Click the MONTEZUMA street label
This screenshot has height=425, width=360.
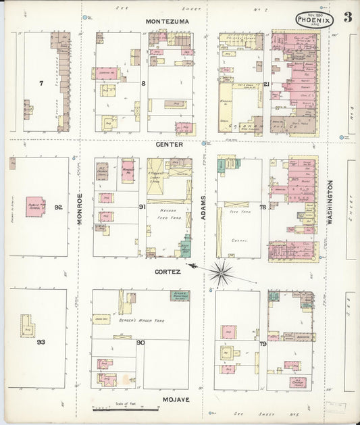click(x=168, y=22)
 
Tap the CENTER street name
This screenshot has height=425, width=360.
click(x=170, y=144)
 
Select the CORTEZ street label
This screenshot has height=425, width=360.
click(x=168, y=272)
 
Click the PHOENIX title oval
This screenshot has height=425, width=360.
click(x=314, y=20)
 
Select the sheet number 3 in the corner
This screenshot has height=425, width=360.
click(x=346, y=18)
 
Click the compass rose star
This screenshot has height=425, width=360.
click(x=220, y=273)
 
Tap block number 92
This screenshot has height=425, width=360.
click(x=58, y=207)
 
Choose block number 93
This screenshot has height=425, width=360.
click(x=41, y=342)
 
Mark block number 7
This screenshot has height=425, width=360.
click(x=41, y=83)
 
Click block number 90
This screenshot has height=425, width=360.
click(x=140, y=343)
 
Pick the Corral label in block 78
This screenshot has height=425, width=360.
click(x=238, y=239)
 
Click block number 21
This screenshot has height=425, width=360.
click(x=266, y=84)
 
